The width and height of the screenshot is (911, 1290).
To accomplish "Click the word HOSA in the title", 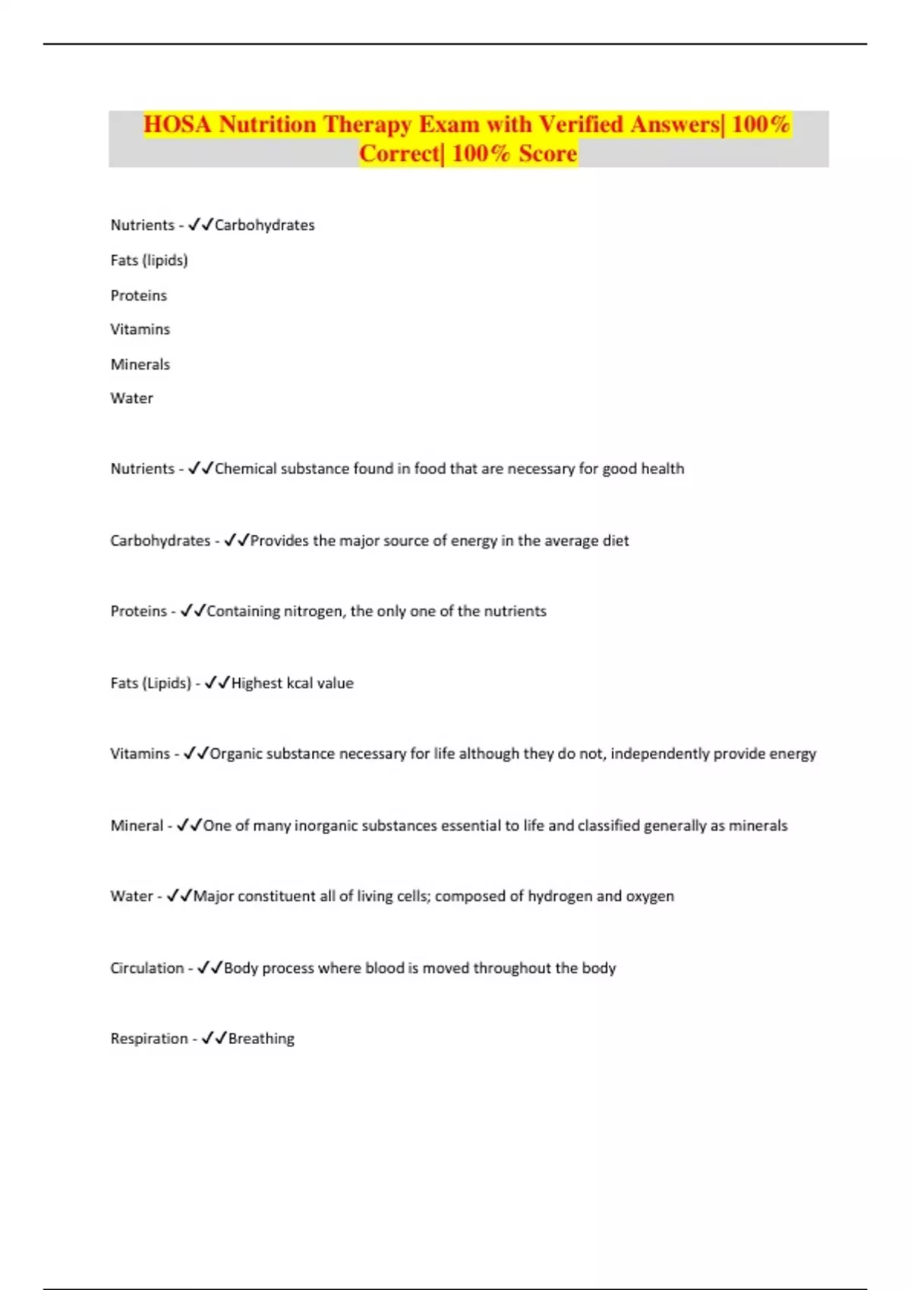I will point(178,124).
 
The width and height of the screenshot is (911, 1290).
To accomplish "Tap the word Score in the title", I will point(548,153).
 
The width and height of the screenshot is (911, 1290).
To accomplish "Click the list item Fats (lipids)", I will point(149,260).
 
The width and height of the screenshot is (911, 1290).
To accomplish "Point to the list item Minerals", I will point(140,364).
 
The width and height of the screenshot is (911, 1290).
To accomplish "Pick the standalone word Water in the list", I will point(131,398).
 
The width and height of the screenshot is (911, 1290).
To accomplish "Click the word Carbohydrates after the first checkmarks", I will point(264,225).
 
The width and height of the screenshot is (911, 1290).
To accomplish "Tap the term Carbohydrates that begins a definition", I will point(160,541).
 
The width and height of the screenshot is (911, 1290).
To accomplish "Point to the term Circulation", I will point(147,968).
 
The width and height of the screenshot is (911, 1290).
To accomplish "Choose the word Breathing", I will point(261,1039).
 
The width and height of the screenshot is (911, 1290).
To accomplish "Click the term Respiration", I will point(149,1039).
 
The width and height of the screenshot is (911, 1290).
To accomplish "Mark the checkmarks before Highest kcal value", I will point(217,683).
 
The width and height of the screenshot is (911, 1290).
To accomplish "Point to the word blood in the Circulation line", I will point(384,968).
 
